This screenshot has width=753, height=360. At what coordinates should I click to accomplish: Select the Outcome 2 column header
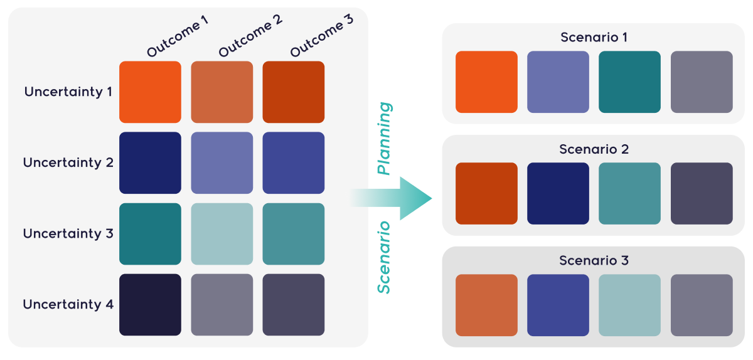click(250, 36)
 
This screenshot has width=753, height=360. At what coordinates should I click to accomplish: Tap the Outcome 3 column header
click(321, 36)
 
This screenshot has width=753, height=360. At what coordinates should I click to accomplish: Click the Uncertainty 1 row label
click(68, 92)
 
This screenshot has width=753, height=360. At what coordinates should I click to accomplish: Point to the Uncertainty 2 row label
click(68, 162)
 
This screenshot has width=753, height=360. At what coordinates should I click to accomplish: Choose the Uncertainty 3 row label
click(68, 233)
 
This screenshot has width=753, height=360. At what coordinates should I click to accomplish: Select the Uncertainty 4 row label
click(68, 304)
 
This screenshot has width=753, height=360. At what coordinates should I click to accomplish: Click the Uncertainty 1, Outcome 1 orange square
click(150, 92)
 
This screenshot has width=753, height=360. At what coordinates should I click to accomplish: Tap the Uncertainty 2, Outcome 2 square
click(222, 162)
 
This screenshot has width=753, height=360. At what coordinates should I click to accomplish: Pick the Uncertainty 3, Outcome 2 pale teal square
click(222, 233)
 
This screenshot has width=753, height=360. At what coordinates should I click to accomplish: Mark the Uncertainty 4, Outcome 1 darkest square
click(150, 304)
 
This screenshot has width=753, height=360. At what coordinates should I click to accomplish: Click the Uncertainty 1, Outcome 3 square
click(293, 92)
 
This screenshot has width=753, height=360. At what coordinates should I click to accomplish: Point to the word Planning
click(384, 139)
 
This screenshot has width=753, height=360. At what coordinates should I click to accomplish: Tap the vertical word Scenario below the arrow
click(384, 257)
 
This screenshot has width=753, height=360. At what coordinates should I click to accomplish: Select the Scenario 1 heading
click(594, 38)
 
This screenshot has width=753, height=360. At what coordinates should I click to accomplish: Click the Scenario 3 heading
click(594, 260)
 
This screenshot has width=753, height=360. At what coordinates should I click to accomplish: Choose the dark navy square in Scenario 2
click(558, 193)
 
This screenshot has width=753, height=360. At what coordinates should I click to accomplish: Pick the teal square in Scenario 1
click(629, 82)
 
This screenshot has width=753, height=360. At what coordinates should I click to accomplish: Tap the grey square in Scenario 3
click(701, 305)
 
